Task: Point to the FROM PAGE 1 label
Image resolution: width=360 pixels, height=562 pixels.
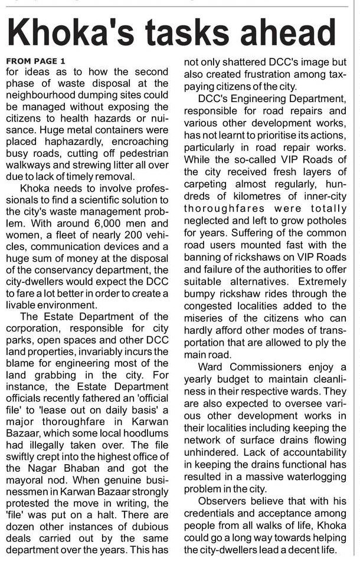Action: (x=36, y=61)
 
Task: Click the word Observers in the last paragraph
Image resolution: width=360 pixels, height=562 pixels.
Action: (x=222, y=501)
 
